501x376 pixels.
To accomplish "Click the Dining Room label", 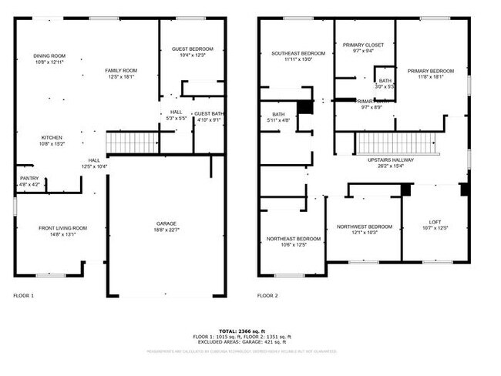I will tap(49, 55).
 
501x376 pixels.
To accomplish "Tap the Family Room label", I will tap(120, 70).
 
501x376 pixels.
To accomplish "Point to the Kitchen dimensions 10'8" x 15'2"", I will tap(52, 144).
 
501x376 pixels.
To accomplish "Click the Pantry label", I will tap(29, 178).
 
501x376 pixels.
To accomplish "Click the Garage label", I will tap(166, 224).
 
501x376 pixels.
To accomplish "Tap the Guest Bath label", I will tap(208, 114).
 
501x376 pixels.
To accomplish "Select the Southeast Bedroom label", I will tap(298, 53).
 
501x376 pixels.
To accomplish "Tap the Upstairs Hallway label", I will tap(391, 160).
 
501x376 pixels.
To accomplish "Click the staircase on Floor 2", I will tap(395, 143).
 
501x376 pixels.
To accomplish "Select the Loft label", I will tap(435, 223).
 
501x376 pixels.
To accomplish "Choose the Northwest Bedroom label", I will tap(365, 227).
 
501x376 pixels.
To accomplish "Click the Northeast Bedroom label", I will tap(294, 239).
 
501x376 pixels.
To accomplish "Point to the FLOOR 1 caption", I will tap(24, 296).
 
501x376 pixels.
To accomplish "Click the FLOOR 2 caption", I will tap(267, 296).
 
